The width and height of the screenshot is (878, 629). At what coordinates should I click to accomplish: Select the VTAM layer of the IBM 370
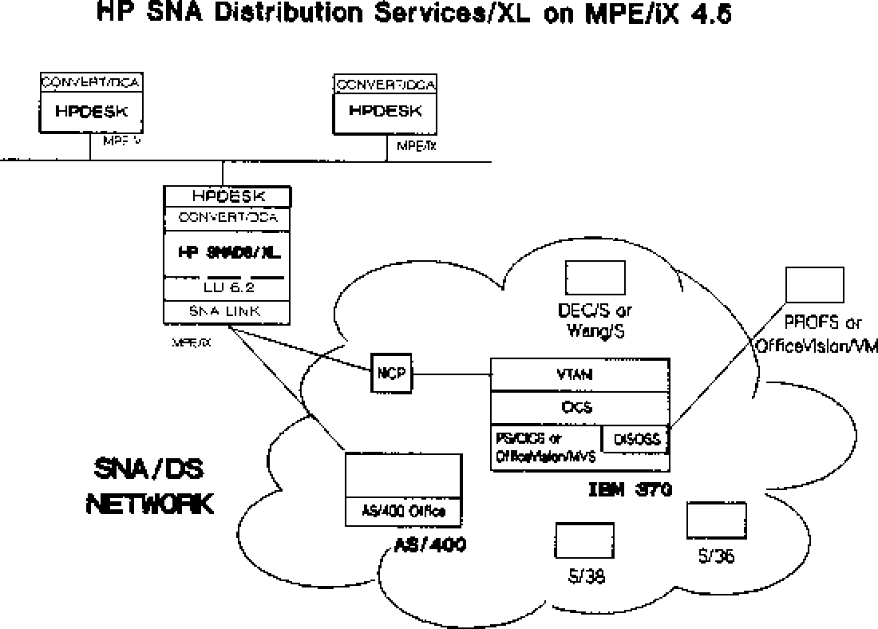pyautogui.click(x=579, y=374)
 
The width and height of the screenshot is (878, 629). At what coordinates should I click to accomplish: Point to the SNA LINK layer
pyautogui.click(x=227, y=311)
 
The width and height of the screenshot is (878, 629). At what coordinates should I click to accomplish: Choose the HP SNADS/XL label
pyautogui.click(x=227, y=252)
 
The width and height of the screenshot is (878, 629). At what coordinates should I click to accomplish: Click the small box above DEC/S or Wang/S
pyautogui.click(x=595, y=278)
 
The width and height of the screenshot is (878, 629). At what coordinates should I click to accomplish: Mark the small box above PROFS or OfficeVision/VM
pyautogui.click(x=815, y=285)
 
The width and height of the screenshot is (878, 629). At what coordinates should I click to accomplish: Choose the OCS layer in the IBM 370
pyautogui.click(x=579, y=407)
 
